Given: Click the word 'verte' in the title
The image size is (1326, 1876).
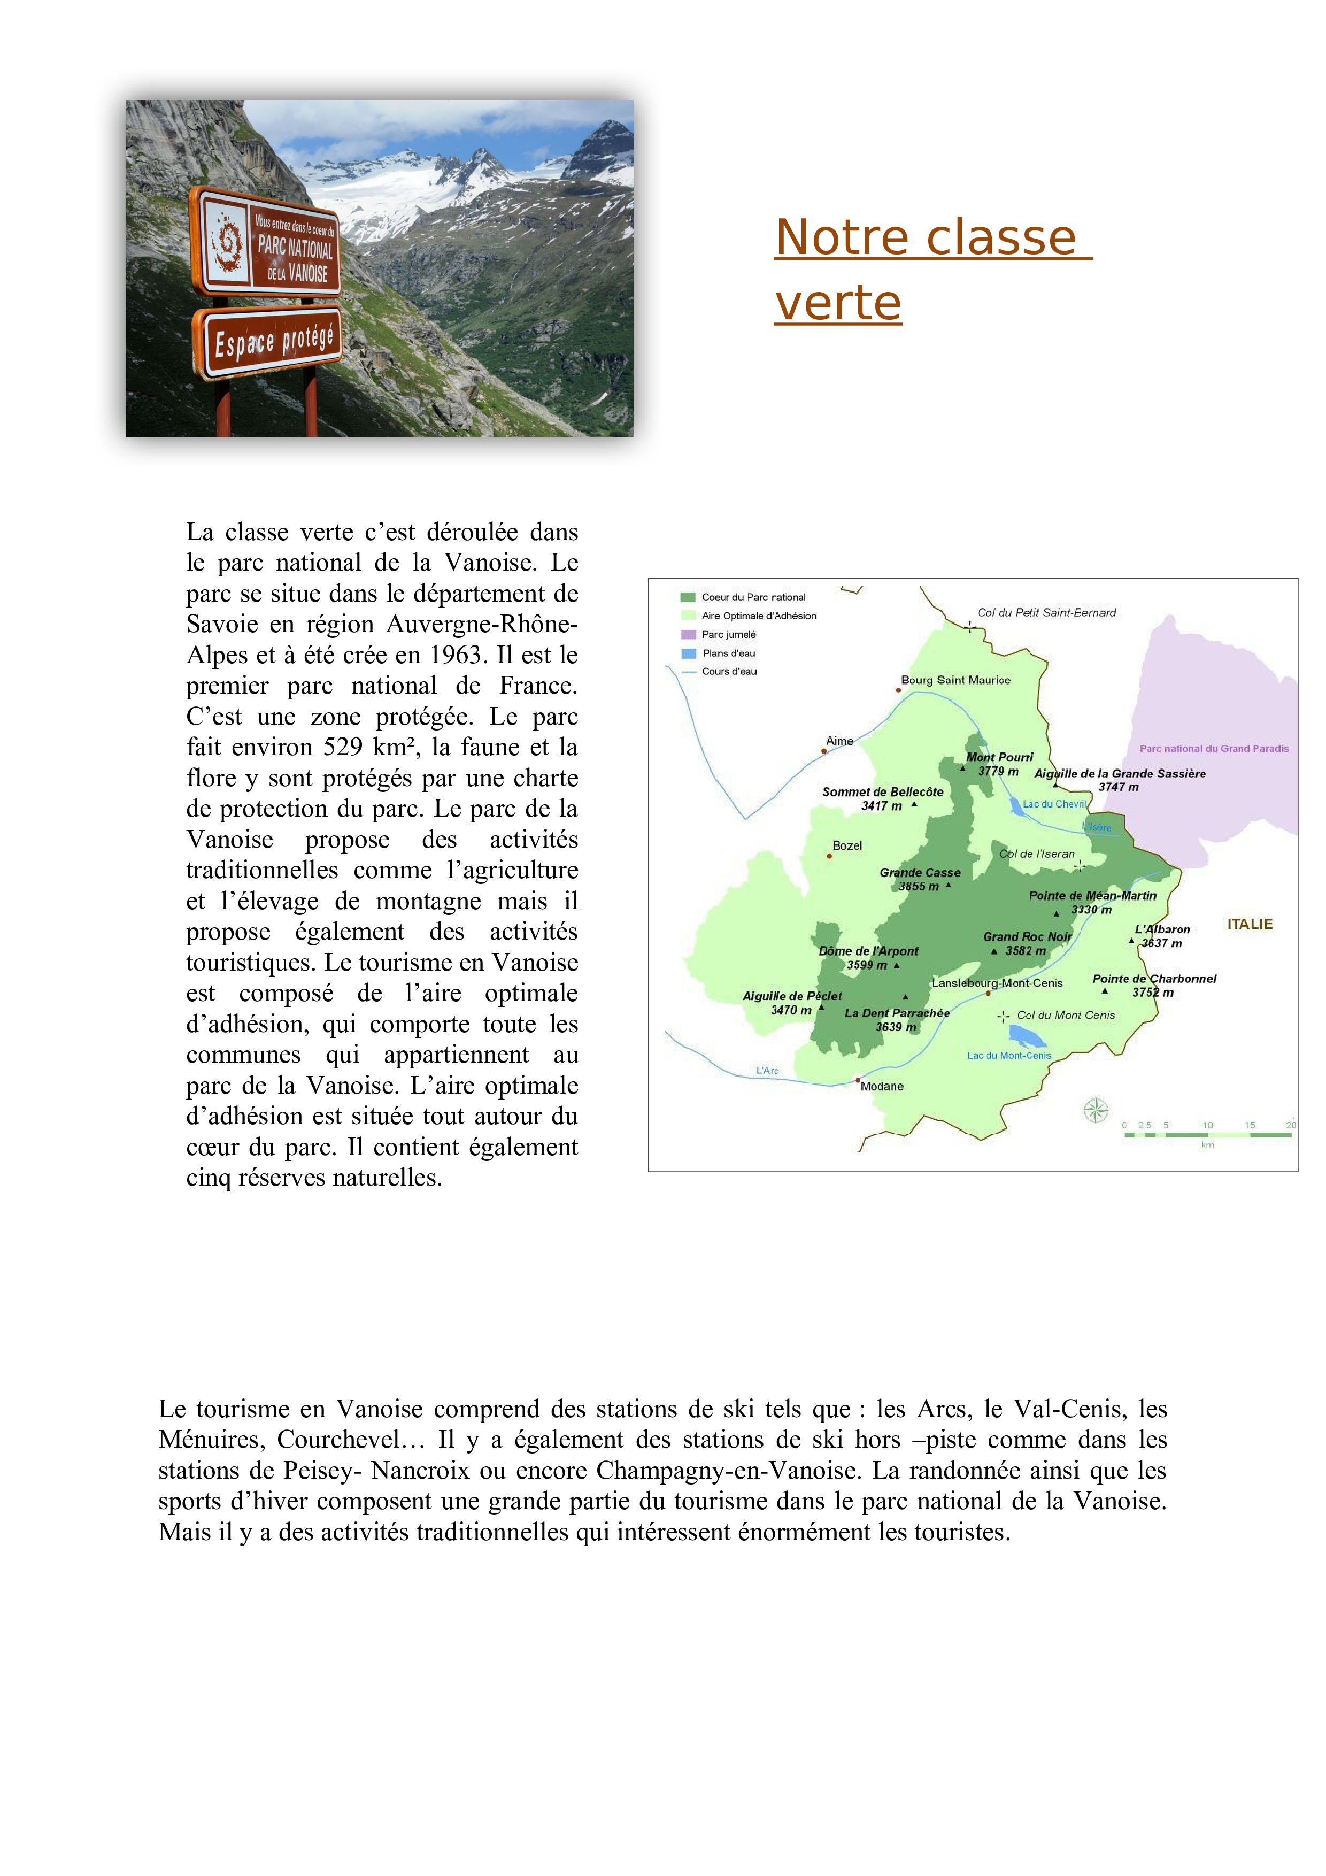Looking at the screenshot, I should coord(838,304).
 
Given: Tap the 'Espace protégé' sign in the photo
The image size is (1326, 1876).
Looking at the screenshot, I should coord(268,342).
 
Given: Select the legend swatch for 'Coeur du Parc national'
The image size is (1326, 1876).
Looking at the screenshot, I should coord(688,597).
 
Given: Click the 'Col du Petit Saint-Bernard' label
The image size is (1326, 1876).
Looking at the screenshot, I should coord(1046,613).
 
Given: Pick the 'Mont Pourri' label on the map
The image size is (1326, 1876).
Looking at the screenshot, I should coord(999,757).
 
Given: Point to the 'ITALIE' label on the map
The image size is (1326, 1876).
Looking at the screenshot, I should coord(1249,924).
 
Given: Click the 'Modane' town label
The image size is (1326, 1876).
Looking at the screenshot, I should coord(882,1086).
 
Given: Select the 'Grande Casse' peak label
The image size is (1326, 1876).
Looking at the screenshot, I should coord(920,873).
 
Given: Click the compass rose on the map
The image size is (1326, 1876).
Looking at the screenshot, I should coord(1096,1110).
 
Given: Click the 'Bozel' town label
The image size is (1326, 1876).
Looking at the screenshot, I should coord(847,845).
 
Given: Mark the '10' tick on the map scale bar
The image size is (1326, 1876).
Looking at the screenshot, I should coord(1207,1125).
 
